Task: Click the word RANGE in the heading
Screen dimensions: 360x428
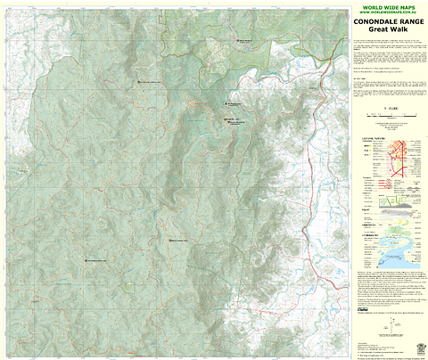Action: [408, 21]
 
